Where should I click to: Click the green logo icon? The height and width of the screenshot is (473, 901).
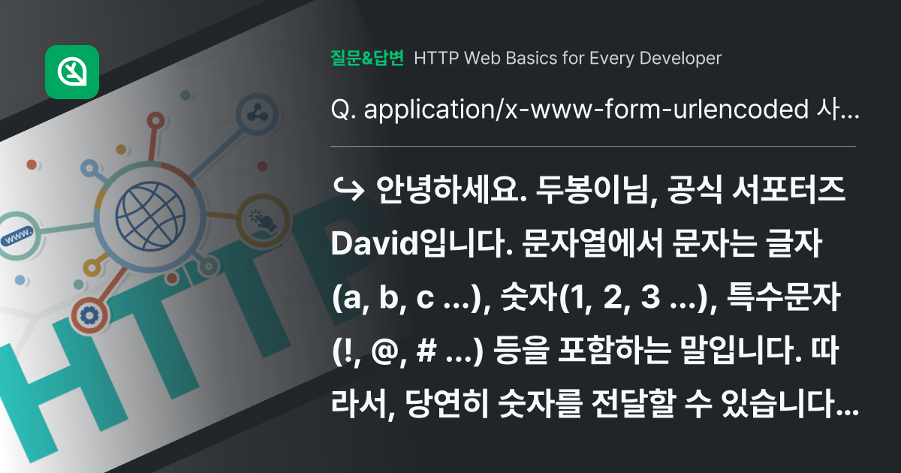(x=72, y=72)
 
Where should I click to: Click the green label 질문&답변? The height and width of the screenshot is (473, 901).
(x=367, y=58)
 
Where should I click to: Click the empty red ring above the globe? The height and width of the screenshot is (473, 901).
(x=155, y=122)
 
